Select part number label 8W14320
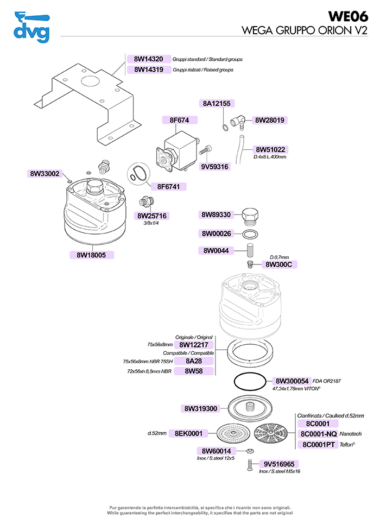(148, 59)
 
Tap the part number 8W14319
(148, 70)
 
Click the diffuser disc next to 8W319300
(250, 408)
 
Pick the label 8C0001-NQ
(318, 434)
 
